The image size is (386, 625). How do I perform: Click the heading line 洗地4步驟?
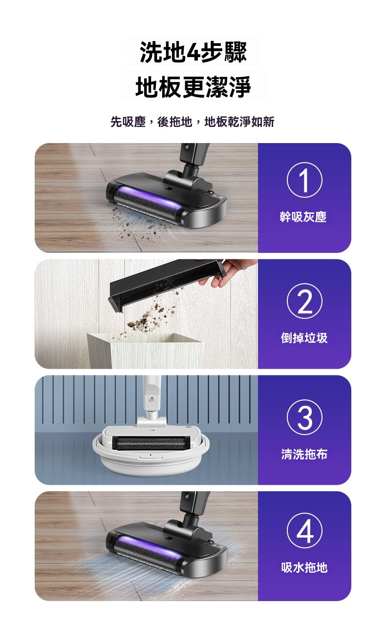pyautogui.click(x=193, y=52)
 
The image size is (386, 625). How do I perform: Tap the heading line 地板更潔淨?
pyautogui.click(x=193, y=87)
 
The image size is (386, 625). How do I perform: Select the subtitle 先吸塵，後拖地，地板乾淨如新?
pyautogui.click(x=193, y=122)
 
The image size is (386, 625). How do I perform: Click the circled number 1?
pyautogui.click(x=304, y=180)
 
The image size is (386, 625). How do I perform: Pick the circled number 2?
pyautogui.click(x=304, y=301)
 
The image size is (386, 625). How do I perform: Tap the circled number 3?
pyautogui.click(x=304, y=417)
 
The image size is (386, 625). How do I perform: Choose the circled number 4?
pyautogui.click(x=304, y=531)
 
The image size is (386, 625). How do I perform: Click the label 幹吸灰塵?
pyautogui.click(x=303, y=217)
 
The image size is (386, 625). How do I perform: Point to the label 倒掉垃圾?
pyautogui.click(x=304, y=338)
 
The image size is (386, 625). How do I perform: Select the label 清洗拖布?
pyautogui.click(x=304, y=454)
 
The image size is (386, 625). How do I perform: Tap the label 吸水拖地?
pyautogui.click(x=304, y=567)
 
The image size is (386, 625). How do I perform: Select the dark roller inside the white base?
pyautogui.click(x=149, y=443)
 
